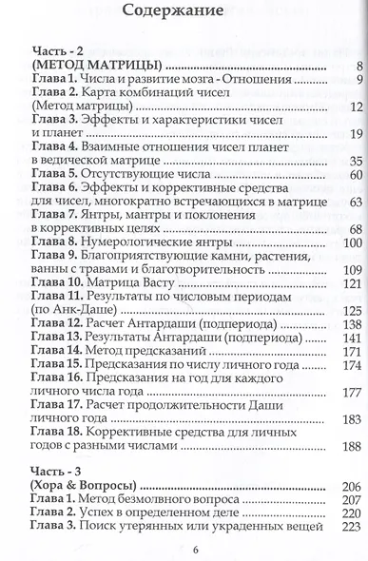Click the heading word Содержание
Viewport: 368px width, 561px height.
[x=183, y=14]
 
